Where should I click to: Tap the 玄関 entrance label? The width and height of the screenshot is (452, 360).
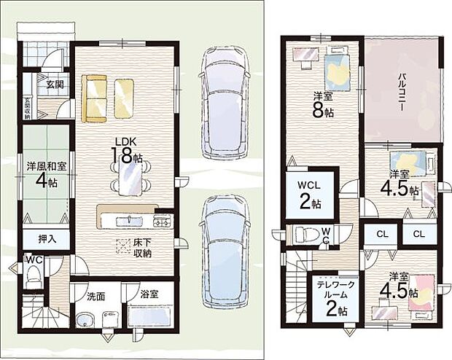tap(55, 85)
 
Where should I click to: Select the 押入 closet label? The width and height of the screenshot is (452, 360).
tap(47, 239)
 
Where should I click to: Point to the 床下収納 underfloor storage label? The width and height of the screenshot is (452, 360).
tap(142, 248)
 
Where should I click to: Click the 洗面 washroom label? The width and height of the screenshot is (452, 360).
tap(96, 297)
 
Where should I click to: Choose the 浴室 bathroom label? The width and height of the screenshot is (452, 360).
tap(149, 294)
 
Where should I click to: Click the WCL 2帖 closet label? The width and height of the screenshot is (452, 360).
tap(310, 195)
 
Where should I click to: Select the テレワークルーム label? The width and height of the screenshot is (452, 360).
tap(336, 289)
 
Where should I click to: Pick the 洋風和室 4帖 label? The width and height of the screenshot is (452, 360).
tap(47, 175)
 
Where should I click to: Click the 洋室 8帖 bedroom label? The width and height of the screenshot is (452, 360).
tap(322, 105)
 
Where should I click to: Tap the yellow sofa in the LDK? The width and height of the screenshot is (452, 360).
tap(94, 99)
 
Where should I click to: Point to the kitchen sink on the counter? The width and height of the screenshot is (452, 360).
tap(130, 221)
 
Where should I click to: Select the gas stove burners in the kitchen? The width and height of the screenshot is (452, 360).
tap(163, 222)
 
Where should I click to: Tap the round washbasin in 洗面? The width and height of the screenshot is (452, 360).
tap(85, 318)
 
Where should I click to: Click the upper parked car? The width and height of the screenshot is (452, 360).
tap(223, 103)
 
